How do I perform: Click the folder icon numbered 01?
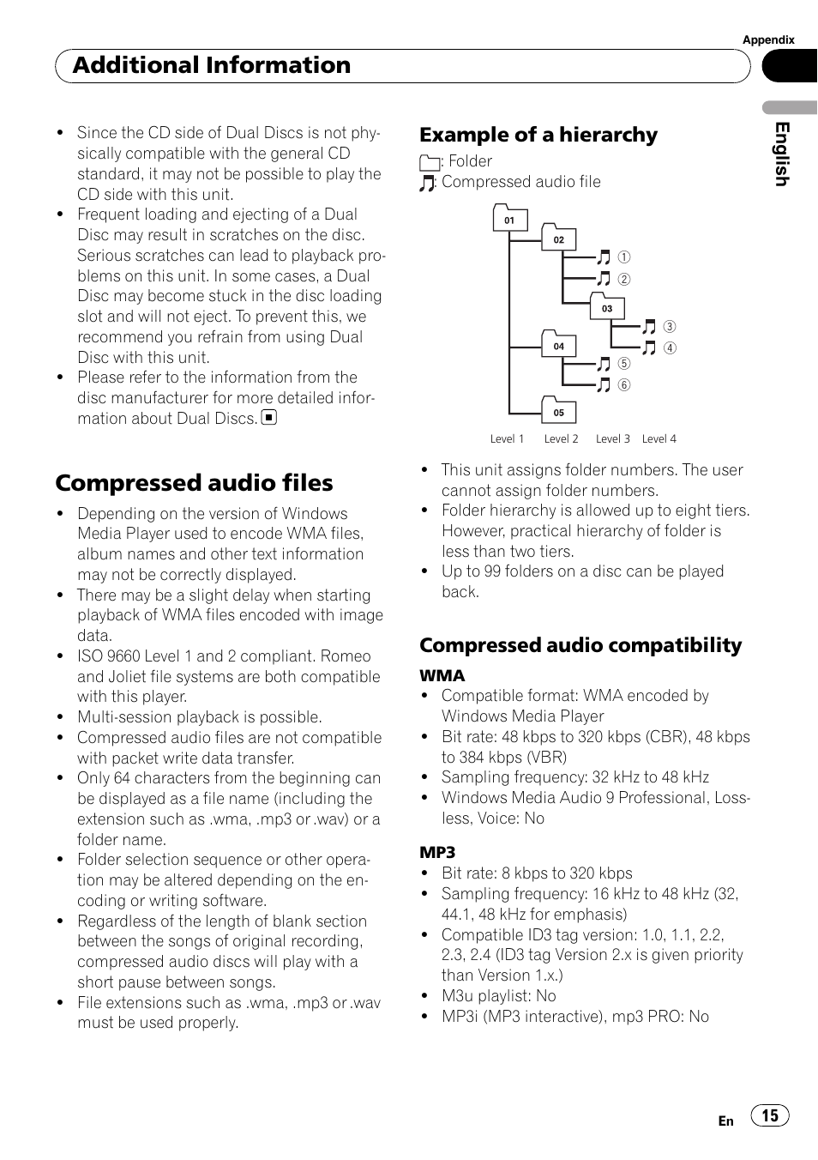[509, 219]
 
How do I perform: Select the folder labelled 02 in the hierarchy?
[558, 239]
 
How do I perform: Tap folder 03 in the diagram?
[607, 307]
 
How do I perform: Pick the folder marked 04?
[558, 345]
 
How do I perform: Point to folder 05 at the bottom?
[558, 411]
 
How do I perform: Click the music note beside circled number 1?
[604, 257]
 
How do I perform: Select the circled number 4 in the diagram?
[671, 348]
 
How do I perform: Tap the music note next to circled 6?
[604, 385]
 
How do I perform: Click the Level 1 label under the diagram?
[507, 439]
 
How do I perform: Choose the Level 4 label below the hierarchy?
[659, 439]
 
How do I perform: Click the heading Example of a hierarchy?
[538, 135]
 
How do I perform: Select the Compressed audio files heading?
[194, 483]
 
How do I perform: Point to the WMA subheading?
[442, 676]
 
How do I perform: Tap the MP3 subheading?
[437, 853]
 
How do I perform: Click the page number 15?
[770, 1115]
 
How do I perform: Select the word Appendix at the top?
[768, 40]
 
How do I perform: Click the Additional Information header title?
[212, 65]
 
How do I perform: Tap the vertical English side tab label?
[781, 154]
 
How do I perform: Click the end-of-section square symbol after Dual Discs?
[269, 419]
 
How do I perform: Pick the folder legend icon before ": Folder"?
[430, 162]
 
